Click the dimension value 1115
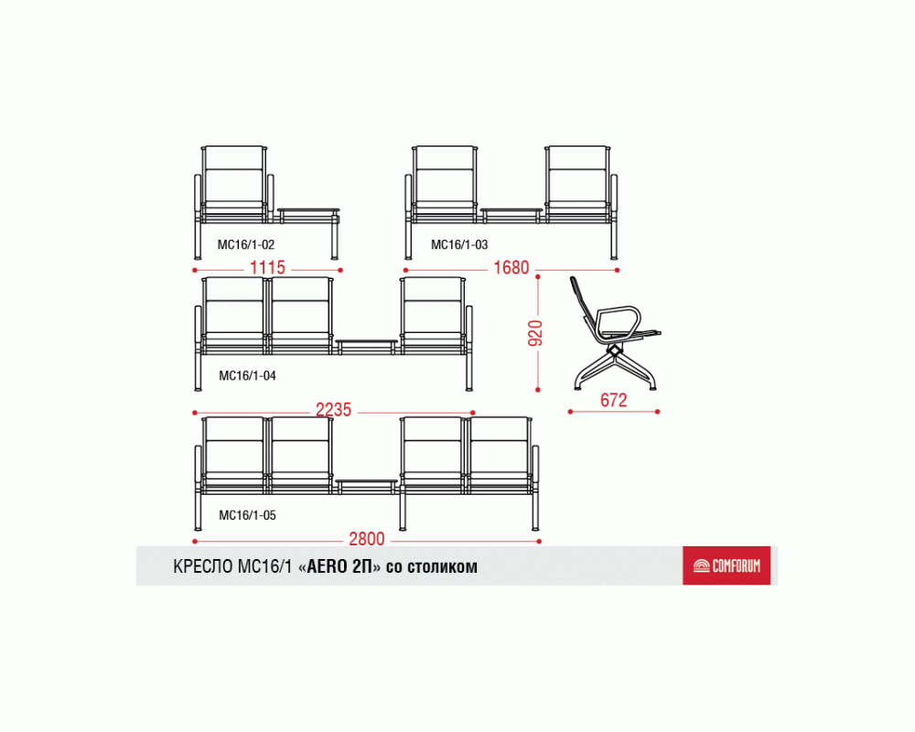(267, 268)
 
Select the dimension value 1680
(511, 268)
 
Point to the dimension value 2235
(333, 410)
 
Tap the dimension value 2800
(367, 539)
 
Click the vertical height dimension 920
(535, 333)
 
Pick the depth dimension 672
(613, 401)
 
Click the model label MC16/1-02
(245, 244)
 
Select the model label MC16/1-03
(459, 244)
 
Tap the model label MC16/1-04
(247, 375)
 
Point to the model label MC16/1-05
(247, 515)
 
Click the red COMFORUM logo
(727, 565)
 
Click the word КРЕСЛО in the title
(203, 566)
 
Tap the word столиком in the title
(442, 566)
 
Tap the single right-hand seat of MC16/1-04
(433, 315)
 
